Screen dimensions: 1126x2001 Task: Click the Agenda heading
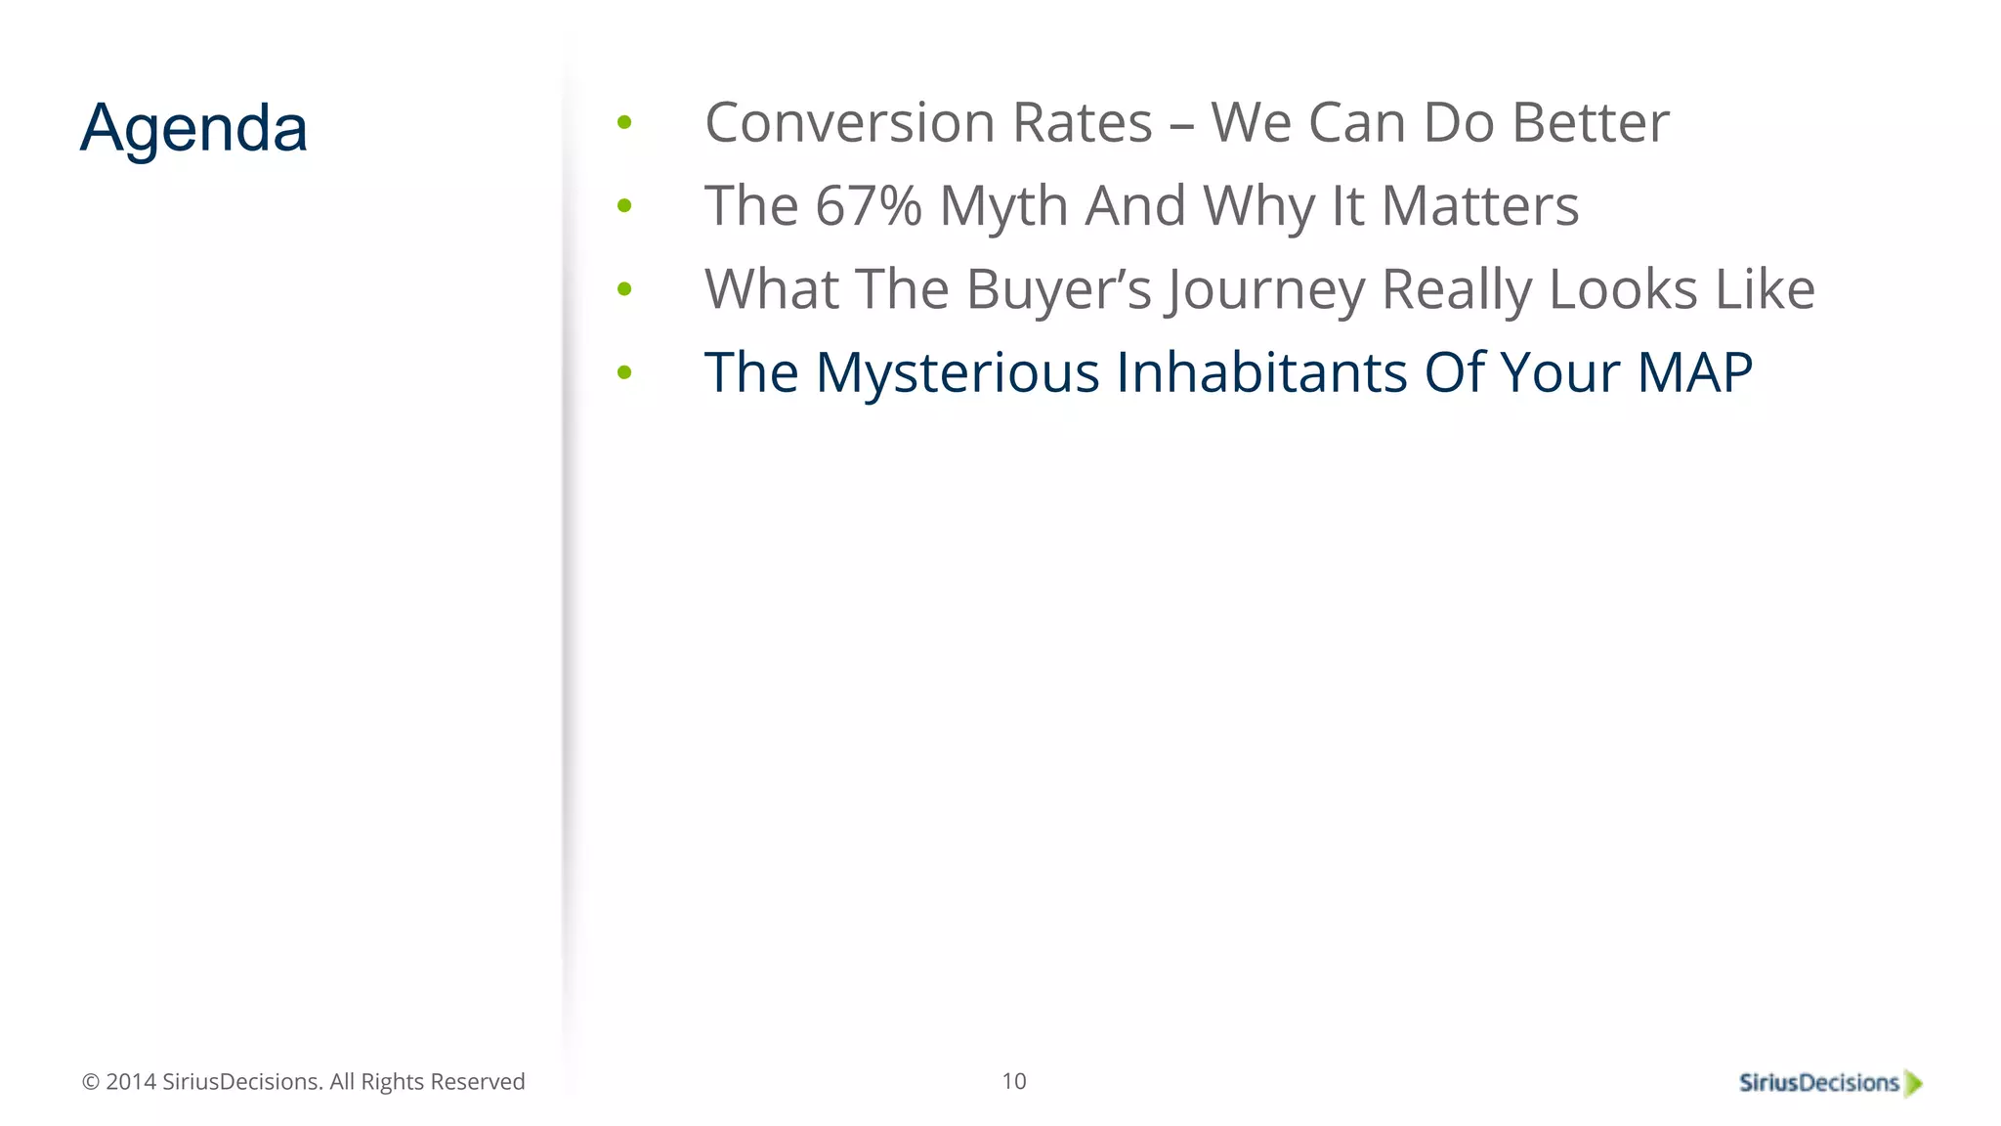coord(193,128)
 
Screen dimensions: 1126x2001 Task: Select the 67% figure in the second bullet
coord(868,206)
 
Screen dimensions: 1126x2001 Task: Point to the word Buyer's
coord(1058,289)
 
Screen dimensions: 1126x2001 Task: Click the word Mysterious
coord(958,372)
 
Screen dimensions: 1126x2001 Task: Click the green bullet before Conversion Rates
coord(624,123)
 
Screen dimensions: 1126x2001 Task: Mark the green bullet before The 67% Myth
coord(624,206)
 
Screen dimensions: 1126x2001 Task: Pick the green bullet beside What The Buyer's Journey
coord(624,289)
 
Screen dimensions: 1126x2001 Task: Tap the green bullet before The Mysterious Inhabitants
coord(624,372)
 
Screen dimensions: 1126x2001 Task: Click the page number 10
coord(1013,1081)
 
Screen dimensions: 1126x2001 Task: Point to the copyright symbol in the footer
coord(91,1082)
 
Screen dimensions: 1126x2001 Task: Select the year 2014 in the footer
coord(130,1082)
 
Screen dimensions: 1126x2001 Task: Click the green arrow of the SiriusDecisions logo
coord(1913,1084)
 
